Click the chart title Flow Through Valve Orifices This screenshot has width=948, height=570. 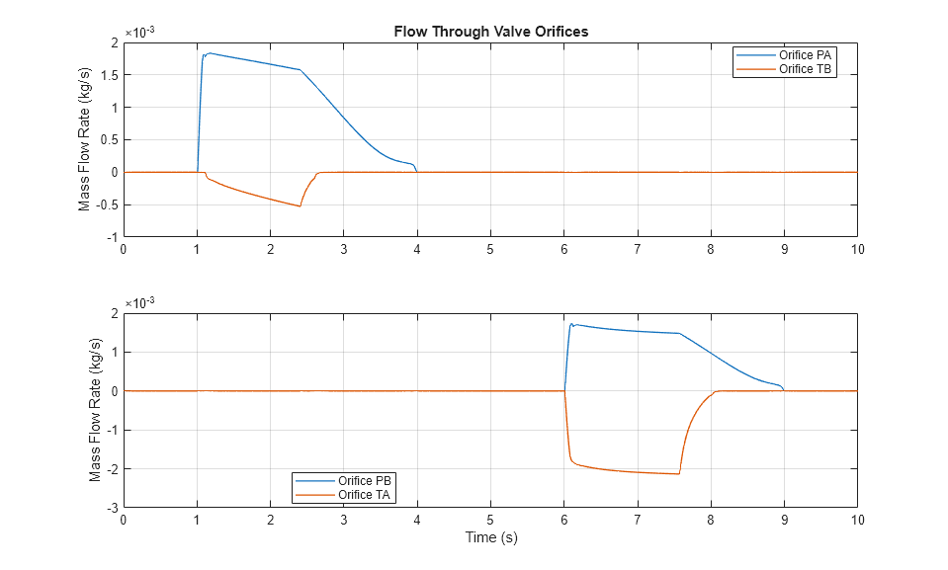click(x=490, y=32)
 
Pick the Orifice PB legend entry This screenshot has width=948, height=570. click(x=365, y=481)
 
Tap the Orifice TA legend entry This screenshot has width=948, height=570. click(x=365, y=495)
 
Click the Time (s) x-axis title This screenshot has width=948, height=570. click(x=490, y=537)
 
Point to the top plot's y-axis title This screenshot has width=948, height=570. click(x=85, y=140)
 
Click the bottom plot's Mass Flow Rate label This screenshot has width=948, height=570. click(x=95, y=410)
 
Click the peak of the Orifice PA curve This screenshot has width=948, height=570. click(x=209, y=53)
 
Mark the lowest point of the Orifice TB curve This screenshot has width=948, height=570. click(x=300, y=205)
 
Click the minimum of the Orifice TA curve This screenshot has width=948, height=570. click(x=679, y=474)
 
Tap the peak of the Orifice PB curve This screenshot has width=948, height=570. click(x=572, y=323)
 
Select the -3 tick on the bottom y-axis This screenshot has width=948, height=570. click(x=112, y=507)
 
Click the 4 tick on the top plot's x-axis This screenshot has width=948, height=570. click(x=416, y=249)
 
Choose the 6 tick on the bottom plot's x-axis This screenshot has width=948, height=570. click(x=563, y=518)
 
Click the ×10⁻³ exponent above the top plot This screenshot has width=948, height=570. click(x=139, y=32)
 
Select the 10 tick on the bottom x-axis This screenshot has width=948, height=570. click(x=856, y=518)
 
